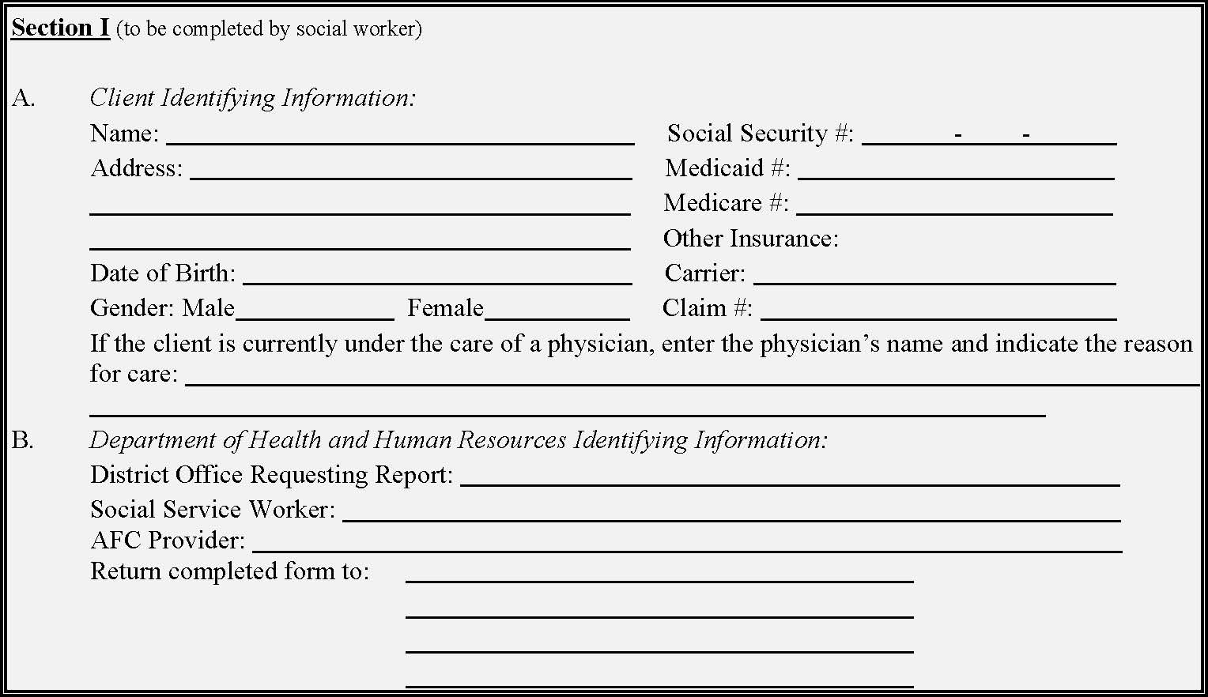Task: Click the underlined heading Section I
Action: click(60, 28)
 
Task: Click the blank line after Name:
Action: click(400, 136)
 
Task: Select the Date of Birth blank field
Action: click(437, 275)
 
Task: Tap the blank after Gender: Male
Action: click(315, 310)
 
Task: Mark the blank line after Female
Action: click(557, 310)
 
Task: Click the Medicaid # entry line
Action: click(956, 171)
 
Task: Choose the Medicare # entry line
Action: click(954, 205)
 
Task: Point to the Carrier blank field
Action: click(934, 275)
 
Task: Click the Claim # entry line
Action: click(938, 310)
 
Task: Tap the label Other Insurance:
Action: click(750, 239)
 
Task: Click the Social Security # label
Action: click(760, 134)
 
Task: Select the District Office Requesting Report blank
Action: click(790, 477)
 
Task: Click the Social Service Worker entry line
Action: click(731, 512)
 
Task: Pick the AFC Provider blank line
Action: click(687, 543)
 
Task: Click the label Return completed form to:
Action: click(229, 571)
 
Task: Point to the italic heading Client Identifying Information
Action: click(252, 98)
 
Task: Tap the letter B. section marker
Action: click(23, 440)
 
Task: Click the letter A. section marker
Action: click(23, 98)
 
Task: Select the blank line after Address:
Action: click(411, 171)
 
